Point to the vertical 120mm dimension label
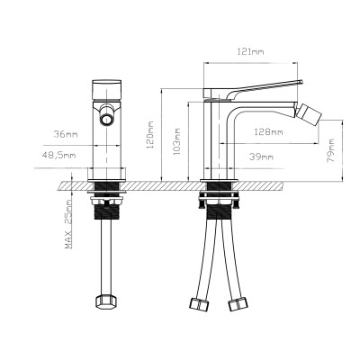click(x=152, y=137)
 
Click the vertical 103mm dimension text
click(x=177, y=142)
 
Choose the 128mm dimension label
click(x=269, y=132)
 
